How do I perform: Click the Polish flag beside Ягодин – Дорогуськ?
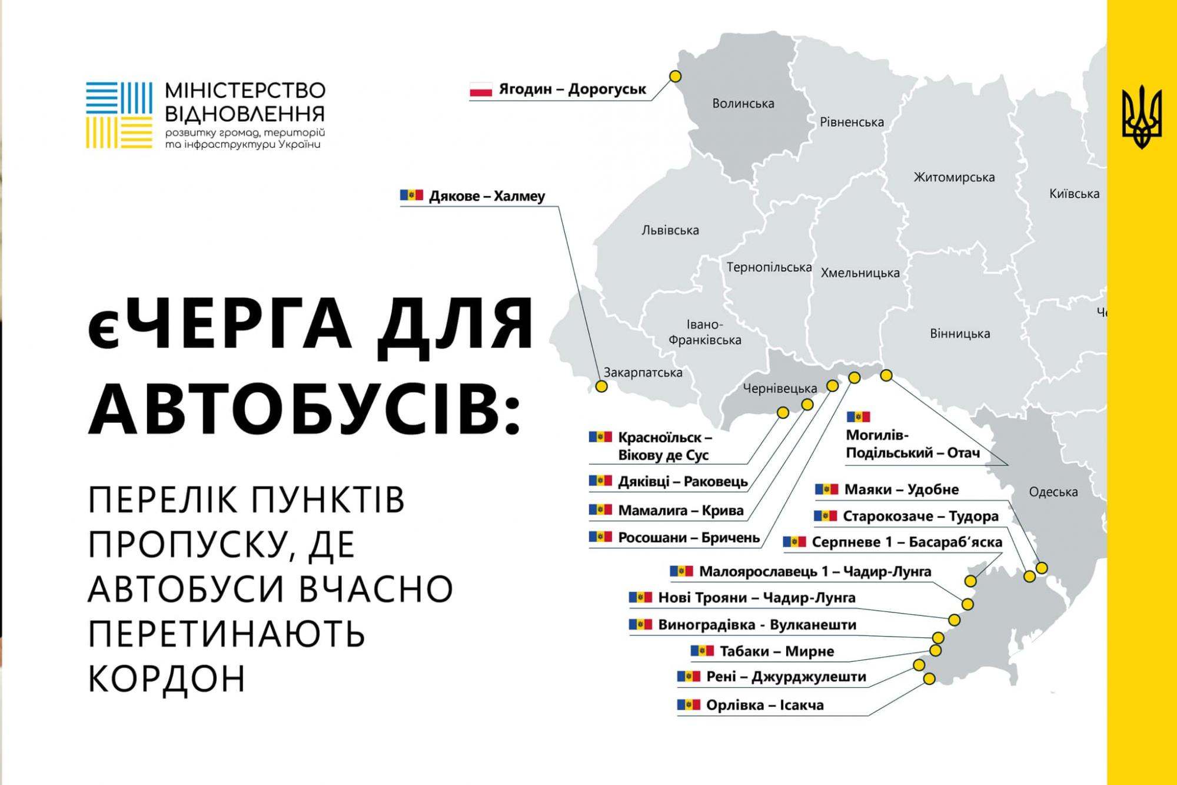point(480,90)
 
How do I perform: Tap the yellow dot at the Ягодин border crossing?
point(676,77)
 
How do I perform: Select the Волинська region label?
point(743,104)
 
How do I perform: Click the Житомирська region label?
point(954,177)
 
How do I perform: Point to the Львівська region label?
point(670,230)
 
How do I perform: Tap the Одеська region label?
point(1053,492)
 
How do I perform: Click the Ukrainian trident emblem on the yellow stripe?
point(1142,117)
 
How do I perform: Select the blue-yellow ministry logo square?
point(119,115)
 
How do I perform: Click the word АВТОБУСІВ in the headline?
point(304,409)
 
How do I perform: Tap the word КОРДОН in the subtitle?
point(167,678)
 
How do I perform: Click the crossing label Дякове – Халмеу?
point(487,196)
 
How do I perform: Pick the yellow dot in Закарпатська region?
point(601,386)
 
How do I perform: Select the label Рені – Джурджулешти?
point(786,677)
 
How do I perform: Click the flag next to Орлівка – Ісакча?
point(689,704)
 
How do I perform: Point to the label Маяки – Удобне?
point(901,489)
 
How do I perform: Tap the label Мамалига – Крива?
point(680,511)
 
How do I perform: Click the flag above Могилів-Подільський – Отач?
point(858,417)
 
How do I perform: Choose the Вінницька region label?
point(959,334)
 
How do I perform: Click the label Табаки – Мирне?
point(776,651)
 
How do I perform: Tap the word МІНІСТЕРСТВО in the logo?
point(245,91)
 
